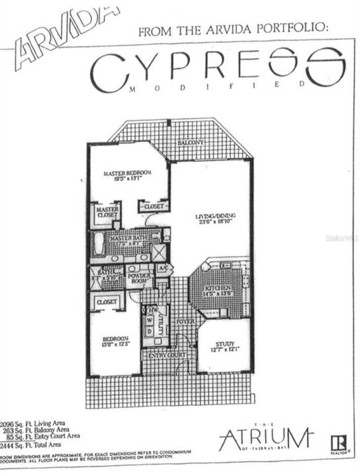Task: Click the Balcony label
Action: (x=191, y=143)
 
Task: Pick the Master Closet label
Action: (x=107, y=212)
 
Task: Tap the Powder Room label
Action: (x=139, y=278)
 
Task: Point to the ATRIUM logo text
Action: (x=265, y=437)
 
